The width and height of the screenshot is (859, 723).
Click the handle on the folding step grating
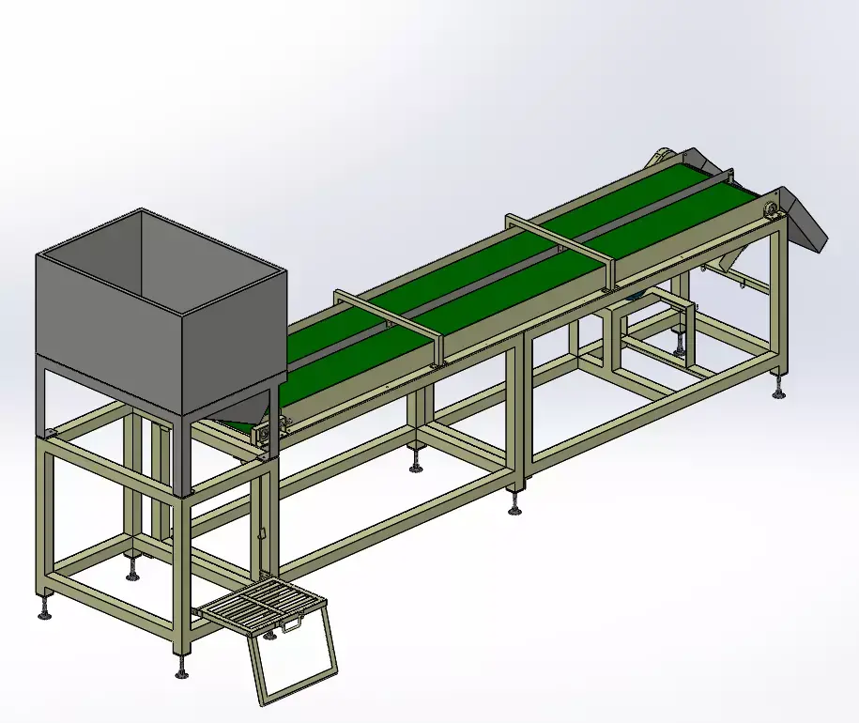pos(294,623)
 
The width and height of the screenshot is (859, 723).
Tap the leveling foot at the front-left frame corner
pos(44,611)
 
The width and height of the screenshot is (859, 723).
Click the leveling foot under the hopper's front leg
pos(181,669)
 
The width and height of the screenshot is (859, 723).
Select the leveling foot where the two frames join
pos(515,507)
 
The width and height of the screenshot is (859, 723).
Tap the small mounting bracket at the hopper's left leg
pos(48,432)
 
